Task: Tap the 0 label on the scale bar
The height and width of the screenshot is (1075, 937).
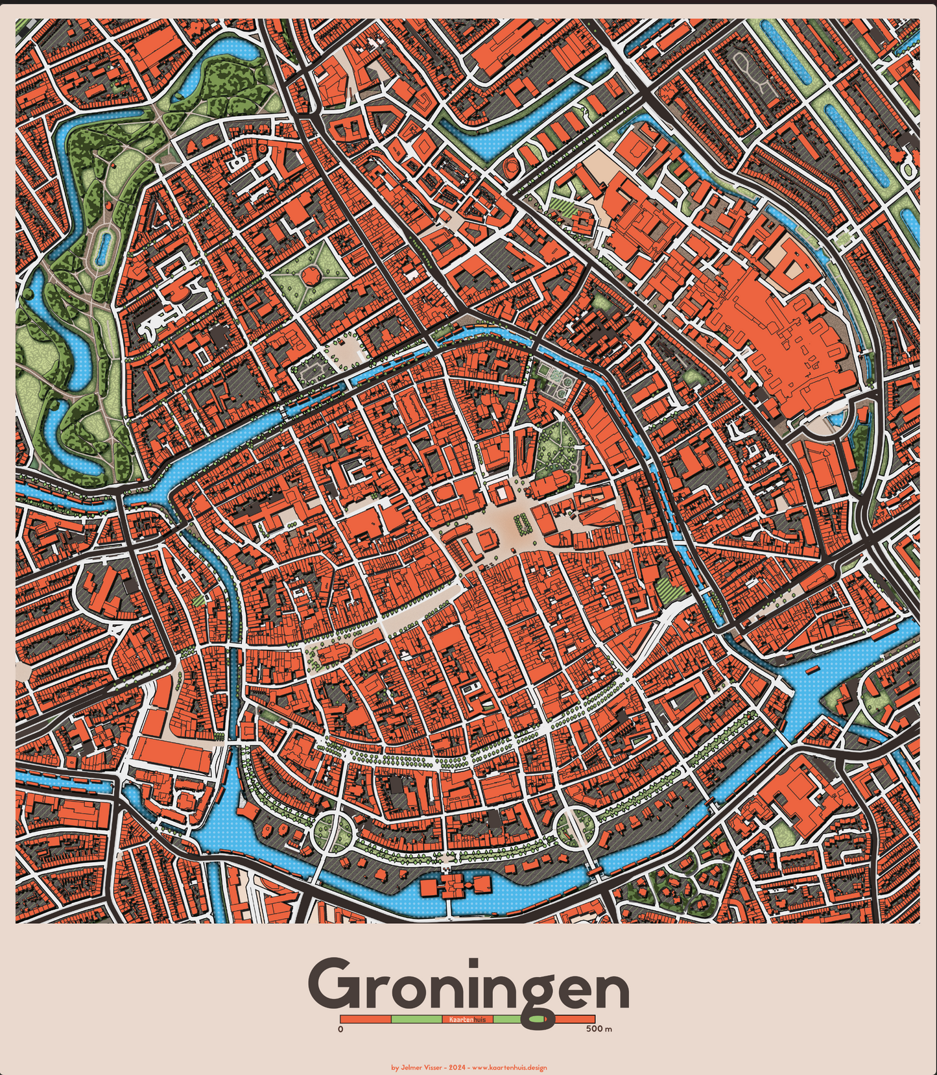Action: [341, 1029]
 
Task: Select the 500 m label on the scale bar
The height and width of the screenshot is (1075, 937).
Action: [599, 1029]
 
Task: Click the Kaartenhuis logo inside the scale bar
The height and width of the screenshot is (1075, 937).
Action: [468, 1020]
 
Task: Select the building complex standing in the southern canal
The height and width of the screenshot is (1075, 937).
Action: [454, 886]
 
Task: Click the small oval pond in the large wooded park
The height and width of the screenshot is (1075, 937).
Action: [102, 248]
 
